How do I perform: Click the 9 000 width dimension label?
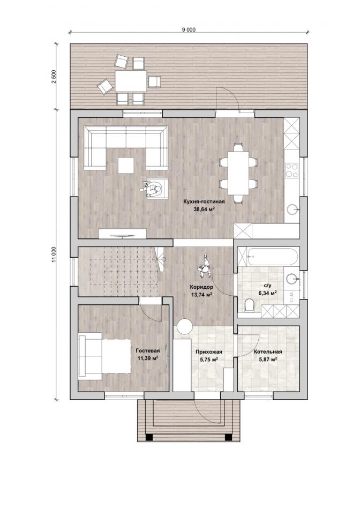(189, 29)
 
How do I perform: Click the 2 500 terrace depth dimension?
(54, 77)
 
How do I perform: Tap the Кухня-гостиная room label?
(204, 201)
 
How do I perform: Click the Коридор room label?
(201, 287)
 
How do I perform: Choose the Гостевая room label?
(148, 351)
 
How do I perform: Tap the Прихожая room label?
(209, 352)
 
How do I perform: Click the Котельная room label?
(268, 351)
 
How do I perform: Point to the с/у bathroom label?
(267, 286)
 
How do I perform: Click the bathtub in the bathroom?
(272, 257)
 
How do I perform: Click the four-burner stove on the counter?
(291, 170)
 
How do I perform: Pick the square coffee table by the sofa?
(126, 165)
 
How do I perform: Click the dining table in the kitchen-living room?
(238, 173)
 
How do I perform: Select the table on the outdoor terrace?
(131, 81)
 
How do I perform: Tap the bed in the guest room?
(104, 355)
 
